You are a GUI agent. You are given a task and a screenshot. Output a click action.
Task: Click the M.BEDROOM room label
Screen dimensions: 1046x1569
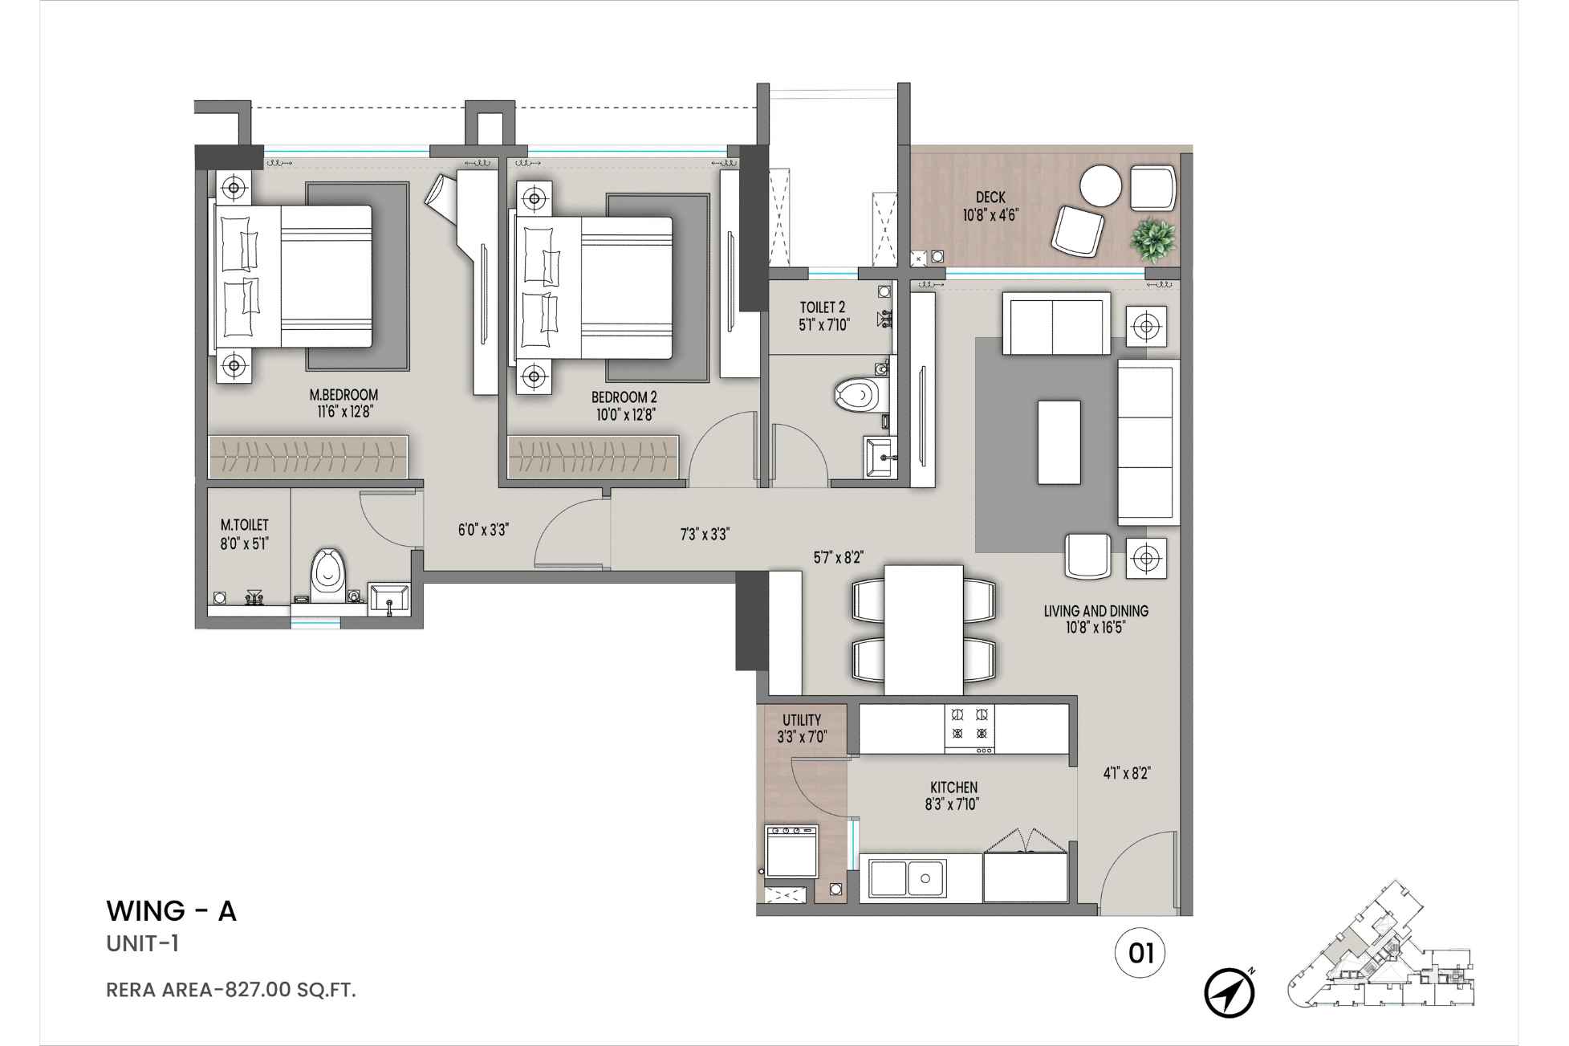click(x=343, y=395)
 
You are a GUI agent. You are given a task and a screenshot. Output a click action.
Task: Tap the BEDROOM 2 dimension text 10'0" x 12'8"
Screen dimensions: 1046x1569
click(x=624, y=415)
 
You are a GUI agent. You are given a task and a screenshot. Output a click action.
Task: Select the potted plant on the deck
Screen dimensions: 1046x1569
click(x=1152, y=238)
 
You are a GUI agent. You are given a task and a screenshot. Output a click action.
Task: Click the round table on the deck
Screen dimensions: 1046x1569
click(x=1100, y=186)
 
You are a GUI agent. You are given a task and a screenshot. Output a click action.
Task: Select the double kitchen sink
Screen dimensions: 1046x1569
click(x=907, y=879)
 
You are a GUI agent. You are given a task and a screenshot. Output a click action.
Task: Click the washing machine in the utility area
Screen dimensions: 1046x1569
click(x=791, y=851)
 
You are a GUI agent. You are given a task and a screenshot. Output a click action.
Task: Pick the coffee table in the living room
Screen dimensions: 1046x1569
click(x=1059, y=442)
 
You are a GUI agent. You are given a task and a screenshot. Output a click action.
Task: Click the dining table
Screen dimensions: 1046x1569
click(x=923, y=629)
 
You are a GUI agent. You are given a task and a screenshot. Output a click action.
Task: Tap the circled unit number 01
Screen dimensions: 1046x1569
click(x=1140, y=953)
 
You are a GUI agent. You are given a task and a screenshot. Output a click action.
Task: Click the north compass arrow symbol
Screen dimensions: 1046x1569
click(x=1229, y=993)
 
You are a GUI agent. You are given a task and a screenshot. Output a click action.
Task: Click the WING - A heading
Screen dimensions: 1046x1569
click(x=171, y=911)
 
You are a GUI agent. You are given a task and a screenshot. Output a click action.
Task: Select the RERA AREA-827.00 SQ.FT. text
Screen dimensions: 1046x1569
click(x=231, y=990)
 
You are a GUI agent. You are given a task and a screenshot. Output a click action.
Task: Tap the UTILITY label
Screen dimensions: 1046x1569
click(x=801, y=720)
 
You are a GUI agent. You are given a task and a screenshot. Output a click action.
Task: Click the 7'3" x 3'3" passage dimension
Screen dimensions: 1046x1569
click(x=704, y=535)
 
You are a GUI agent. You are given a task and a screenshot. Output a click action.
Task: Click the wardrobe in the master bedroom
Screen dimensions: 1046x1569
click(x=308, y=458)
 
